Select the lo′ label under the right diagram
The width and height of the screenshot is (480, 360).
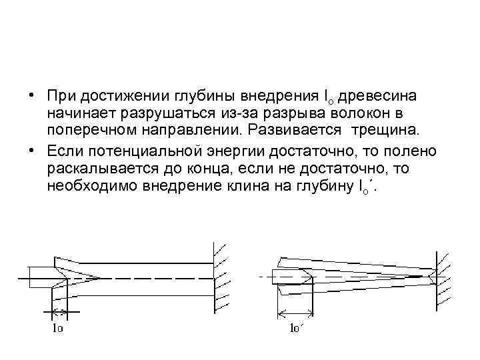[296, 328]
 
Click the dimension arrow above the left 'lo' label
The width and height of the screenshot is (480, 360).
[59, 311]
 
